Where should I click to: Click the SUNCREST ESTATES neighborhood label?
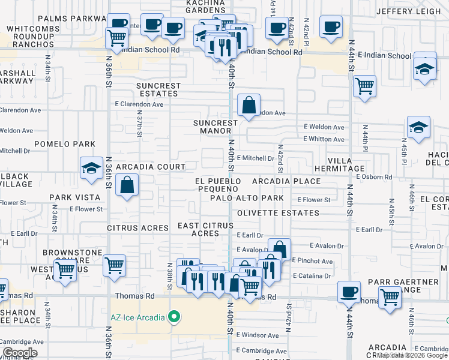click(x=158, y=89)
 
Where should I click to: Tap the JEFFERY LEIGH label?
click(x=408, y=11)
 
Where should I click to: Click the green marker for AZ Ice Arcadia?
click(x=175, y=317)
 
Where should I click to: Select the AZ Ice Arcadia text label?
click(x=137, y=317)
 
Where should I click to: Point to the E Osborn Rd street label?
click(x=373, y=177)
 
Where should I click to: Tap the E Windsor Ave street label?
click(x=258, y=335)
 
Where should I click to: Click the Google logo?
click(x=20, y=353)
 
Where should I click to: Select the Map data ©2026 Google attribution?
click(x=412, y=355)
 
